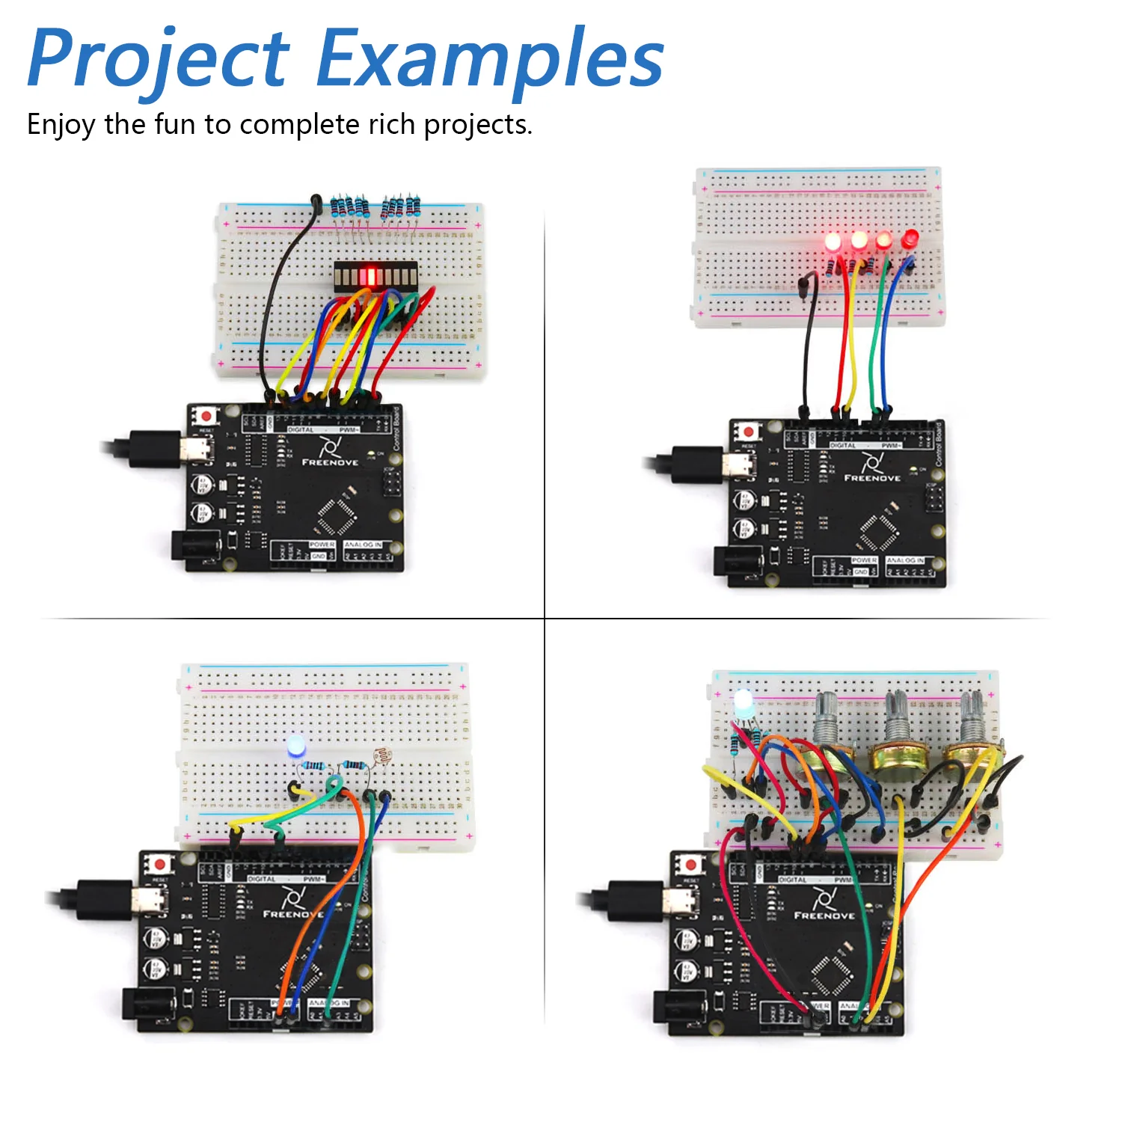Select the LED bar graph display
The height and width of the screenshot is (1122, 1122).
[x=373, y=277]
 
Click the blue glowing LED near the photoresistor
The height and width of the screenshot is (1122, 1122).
[x=296, y=746]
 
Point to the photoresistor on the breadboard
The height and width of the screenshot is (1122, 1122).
[x=383, y=756]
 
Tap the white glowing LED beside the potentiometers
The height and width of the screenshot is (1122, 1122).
[x=744, y=703]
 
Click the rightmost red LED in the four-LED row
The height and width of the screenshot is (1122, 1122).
[x=910, y=239]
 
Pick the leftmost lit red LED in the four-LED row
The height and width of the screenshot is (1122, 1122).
[x=833, y=242]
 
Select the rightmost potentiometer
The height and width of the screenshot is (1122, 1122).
[x=971, y=741]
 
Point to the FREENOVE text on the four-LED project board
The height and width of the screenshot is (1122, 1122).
[x=872, y=477]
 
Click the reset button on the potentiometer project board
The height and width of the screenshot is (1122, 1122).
[x=690, y=865]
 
